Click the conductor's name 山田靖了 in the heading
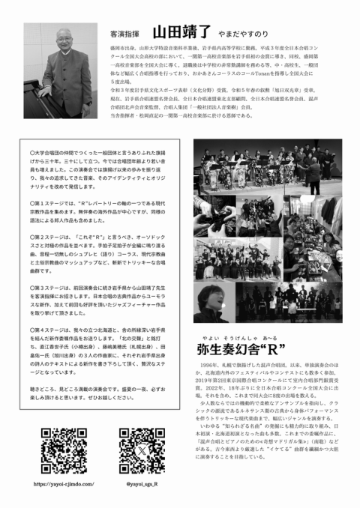click(184, 33)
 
